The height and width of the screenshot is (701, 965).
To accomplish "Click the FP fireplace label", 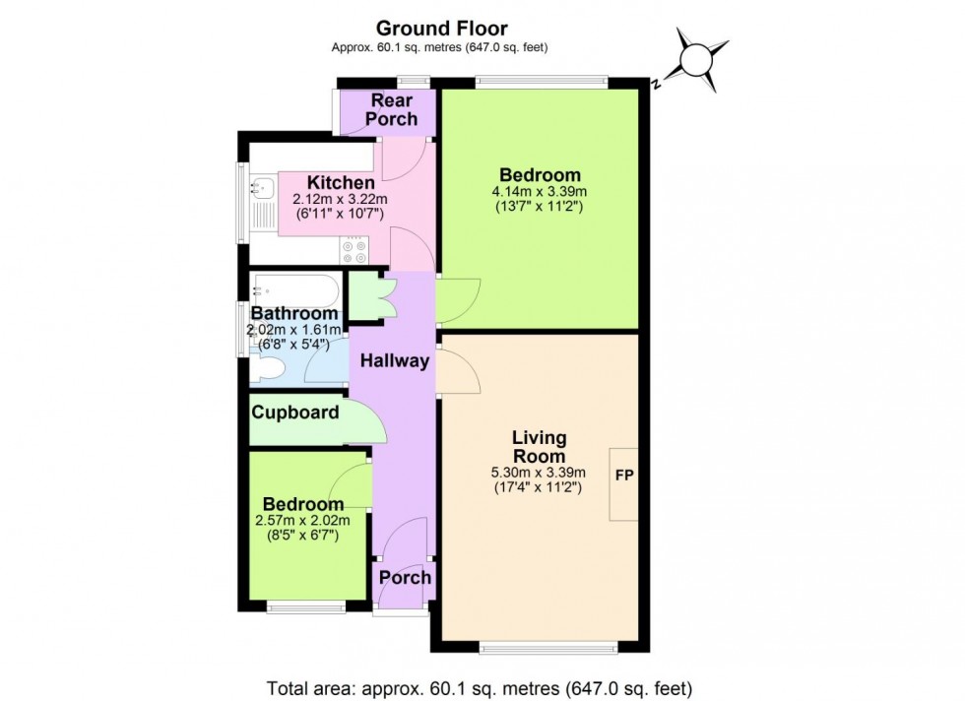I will pos(624,476).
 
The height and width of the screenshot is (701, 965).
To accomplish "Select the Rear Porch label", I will pos(391,109).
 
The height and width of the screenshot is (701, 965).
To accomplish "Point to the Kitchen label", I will pos(341,183).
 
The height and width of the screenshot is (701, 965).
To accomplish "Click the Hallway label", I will pos(394,361).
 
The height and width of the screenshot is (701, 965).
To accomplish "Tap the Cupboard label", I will pos(295,413).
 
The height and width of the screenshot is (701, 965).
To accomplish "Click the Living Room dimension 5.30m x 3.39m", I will pos(538,472).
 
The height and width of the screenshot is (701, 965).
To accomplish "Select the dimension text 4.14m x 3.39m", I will pos(540,191).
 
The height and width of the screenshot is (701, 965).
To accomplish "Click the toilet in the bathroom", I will pos(267,369).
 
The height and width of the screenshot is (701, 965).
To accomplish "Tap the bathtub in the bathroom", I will pos(295,290).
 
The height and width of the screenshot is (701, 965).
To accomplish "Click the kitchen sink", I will pos(263,186).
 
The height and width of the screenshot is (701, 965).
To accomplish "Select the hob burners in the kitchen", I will pos(354,252).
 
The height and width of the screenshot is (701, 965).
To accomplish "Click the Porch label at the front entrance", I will pos(406,577).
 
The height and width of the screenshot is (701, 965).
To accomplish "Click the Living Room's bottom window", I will pos(547,647).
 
